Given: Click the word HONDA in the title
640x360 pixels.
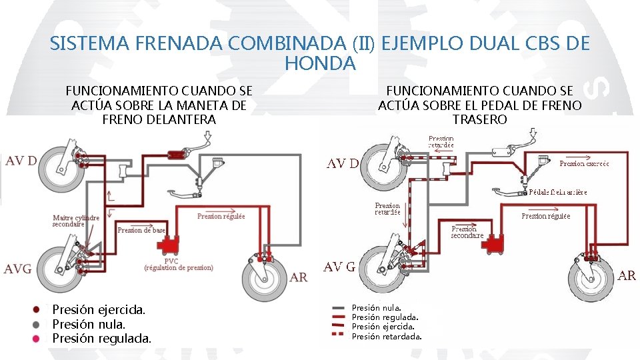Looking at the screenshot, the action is [320, 64].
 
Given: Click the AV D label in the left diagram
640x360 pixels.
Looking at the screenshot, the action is [21, 161].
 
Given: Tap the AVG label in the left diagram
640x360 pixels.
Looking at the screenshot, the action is [18, 269].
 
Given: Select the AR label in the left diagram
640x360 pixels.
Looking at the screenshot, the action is [298, 277].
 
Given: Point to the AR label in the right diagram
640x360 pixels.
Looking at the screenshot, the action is [627, 275].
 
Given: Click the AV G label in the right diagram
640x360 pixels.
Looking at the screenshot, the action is [339, 267].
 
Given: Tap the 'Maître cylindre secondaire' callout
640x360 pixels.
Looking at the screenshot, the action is [76, 221].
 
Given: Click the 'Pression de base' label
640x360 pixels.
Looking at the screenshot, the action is [141, 230].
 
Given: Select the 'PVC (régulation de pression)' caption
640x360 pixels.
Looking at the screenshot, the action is [179, 264].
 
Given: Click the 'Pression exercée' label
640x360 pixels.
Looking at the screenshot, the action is [584, 163].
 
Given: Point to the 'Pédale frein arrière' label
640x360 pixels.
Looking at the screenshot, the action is [558, 192].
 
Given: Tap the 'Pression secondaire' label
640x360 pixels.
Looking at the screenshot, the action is [467, 231].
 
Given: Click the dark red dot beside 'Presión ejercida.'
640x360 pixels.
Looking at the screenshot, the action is [37, 309].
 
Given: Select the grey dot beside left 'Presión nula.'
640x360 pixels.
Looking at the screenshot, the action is [37, 324].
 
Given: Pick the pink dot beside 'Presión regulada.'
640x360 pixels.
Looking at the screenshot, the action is [37, 339].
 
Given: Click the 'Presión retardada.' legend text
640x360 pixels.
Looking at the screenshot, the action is [387, 336].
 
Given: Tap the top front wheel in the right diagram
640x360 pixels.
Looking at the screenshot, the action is [385, 165].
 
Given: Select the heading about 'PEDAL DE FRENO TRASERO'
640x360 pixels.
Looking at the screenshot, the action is [479, 105].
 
